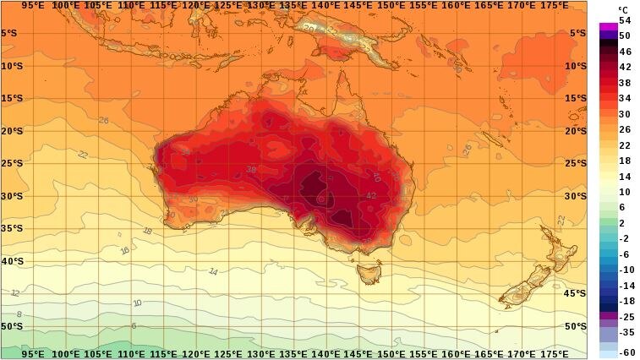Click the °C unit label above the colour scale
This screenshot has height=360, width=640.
tap(624, 9)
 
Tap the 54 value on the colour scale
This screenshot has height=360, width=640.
tap(625, 20)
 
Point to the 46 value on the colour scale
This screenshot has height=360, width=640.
tap(625, 52)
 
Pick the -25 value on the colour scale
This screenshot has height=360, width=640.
tap(625, 316)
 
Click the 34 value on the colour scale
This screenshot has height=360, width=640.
tap(625, 98)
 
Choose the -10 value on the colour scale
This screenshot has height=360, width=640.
tap(625, 270)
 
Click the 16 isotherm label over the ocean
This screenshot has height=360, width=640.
tap(125, 250)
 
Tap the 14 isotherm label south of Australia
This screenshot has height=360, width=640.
tap(213, 272)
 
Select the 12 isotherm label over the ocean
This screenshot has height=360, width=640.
tap(15, 292)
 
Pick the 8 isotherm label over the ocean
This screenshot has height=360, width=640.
tap(19, 314)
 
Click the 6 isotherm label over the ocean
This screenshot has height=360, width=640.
tap(134, 325)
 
